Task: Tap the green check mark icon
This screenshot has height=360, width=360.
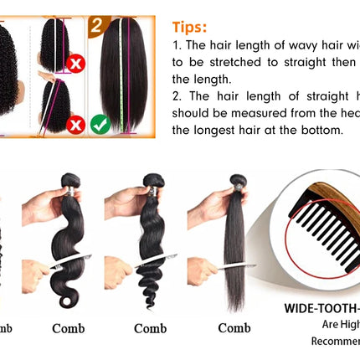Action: (x=101, y=124)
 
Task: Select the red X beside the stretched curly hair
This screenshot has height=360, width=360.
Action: (x=76, y=124)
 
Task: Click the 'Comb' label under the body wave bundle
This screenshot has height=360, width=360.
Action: (x=69, y=328)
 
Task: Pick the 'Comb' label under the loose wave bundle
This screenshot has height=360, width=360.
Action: (x=151, y=328)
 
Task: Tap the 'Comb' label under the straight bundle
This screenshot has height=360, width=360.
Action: (x=234, y=328)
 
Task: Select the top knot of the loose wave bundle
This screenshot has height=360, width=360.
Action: (x=152, y=180)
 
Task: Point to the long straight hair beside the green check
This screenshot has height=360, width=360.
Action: (x=124, y=75)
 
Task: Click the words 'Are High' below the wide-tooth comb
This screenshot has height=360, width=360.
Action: (x=336, y=325)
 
